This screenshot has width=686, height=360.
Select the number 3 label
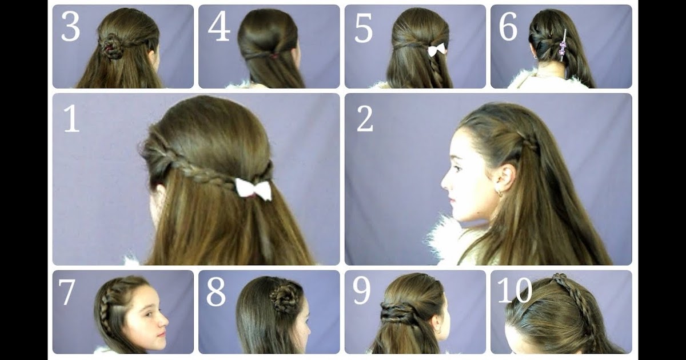70,27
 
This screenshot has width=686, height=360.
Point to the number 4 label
218,27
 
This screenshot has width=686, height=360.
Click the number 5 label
363,27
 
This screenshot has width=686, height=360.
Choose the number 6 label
508,27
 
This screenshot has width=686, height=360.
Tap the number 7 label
66,292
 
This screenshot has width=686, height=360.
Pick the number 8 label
216,292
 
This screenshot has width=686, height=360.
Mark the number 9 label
361,291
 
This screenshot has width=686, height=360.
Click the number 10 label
515,290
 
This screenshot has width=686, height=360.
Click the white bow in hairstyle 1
253,190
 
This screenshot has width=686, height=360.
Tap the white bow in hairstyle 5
437,50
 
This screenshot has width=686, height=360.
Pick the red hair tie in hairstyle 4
276,56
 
